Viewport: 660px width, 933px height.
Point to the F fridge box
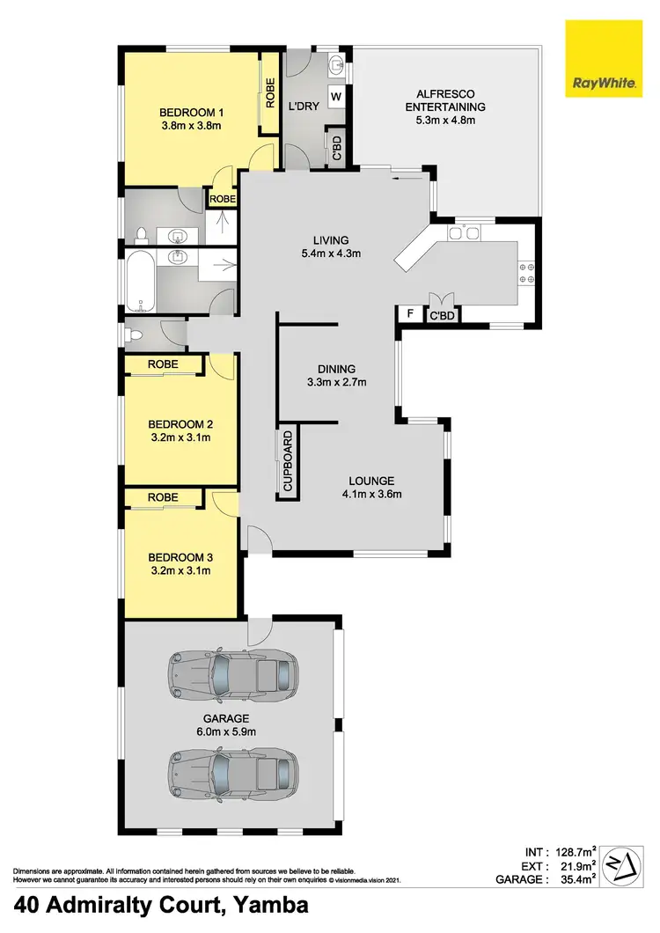pyautogui.click(x=408, y=314)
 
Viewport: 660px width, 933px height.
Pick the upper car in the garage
pyautogui.click(x=232, y=674)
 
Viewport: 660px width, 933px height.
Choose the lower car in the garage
pyautogui.click(x=232, y=771)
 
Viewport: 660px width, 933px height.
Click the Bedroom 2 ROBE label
pyautogui.click(x=163, y=364)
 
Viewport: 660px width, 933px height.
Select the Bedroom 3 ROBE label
pyautogui.click(x=163, y=497)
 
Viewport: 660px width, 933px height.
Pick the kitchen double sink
pyautogui.click(x=462, y=232)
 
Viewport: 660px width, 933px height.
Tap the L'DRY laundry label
pyautogui.click(x=303, y=107)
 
